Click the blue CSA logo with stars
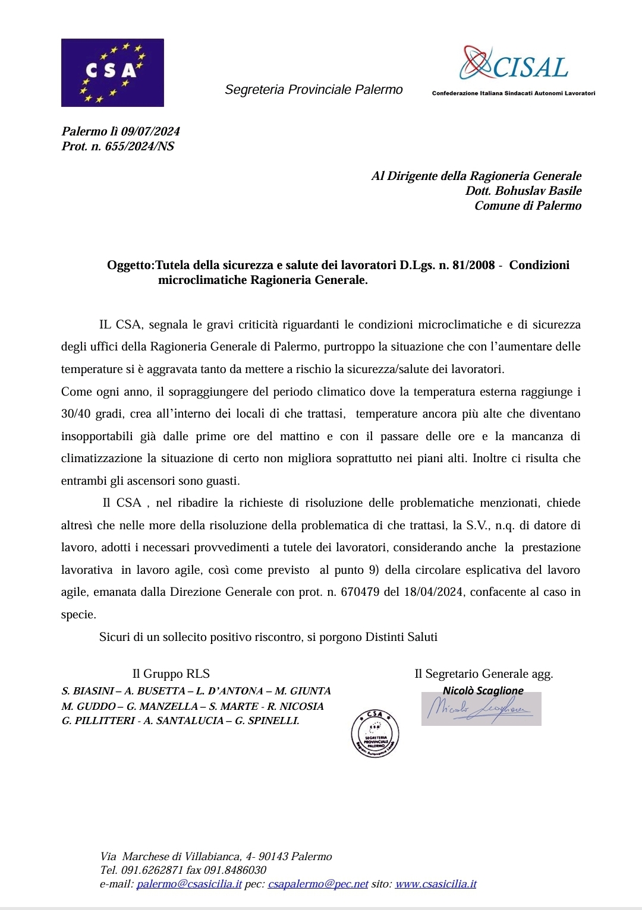(112, 72)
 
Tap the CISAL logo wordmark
(515, 66)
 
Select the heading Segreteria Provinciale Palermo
(313, 90)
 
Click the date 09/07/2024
(150, 131)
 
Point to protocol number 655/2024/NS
(140, 146)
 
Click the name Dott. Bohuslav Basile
(523, 191)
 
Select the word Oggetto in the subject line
(130, 265)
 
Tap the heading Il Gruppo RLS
(171, 674)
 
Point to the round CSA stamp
(374, 734)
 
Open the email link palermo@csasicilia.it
(189, 884)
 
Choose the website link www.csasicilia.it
(436, 884)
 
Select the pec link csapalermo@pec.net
(318, 884)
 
